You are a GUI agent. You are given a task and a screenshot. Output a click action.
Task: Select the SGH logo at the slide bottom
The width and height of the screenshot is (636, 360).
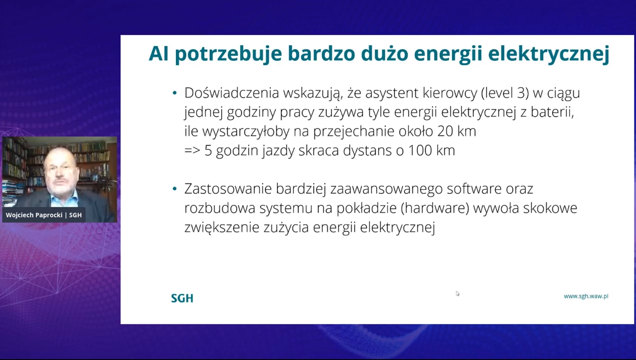pos(182,298)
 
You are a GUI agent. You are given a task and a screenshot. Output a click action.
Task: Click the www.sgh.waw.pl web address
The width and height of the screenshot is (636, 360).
pos(586,296)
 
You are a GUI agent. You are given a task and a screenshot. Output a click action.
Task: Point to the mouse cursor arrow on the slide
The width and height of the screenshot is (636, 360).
pos(457,293)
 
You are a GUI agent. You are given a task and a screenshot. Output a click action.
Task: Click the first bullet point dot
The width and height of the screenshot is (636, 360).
pos(175,93)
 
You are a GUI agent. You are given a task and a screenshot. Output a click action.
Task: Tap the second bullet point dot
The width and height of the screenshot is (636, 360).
pos(175,189)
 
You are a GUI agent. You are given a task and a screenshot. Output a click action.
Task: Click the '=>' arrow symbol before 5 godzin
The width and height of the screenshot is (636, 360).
pos(192,150)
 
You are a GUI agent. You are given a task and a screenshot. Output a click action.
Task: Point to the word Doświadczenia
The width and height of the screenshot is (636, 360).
pos(231,93)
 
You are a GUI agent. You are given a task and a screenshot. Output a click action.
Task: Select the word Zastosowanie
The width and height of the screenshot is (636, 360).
pos(228,189)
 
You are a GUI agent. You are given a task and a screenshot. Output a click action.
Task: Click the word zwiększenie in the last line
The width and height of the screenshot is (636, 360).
pos(222,227)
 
